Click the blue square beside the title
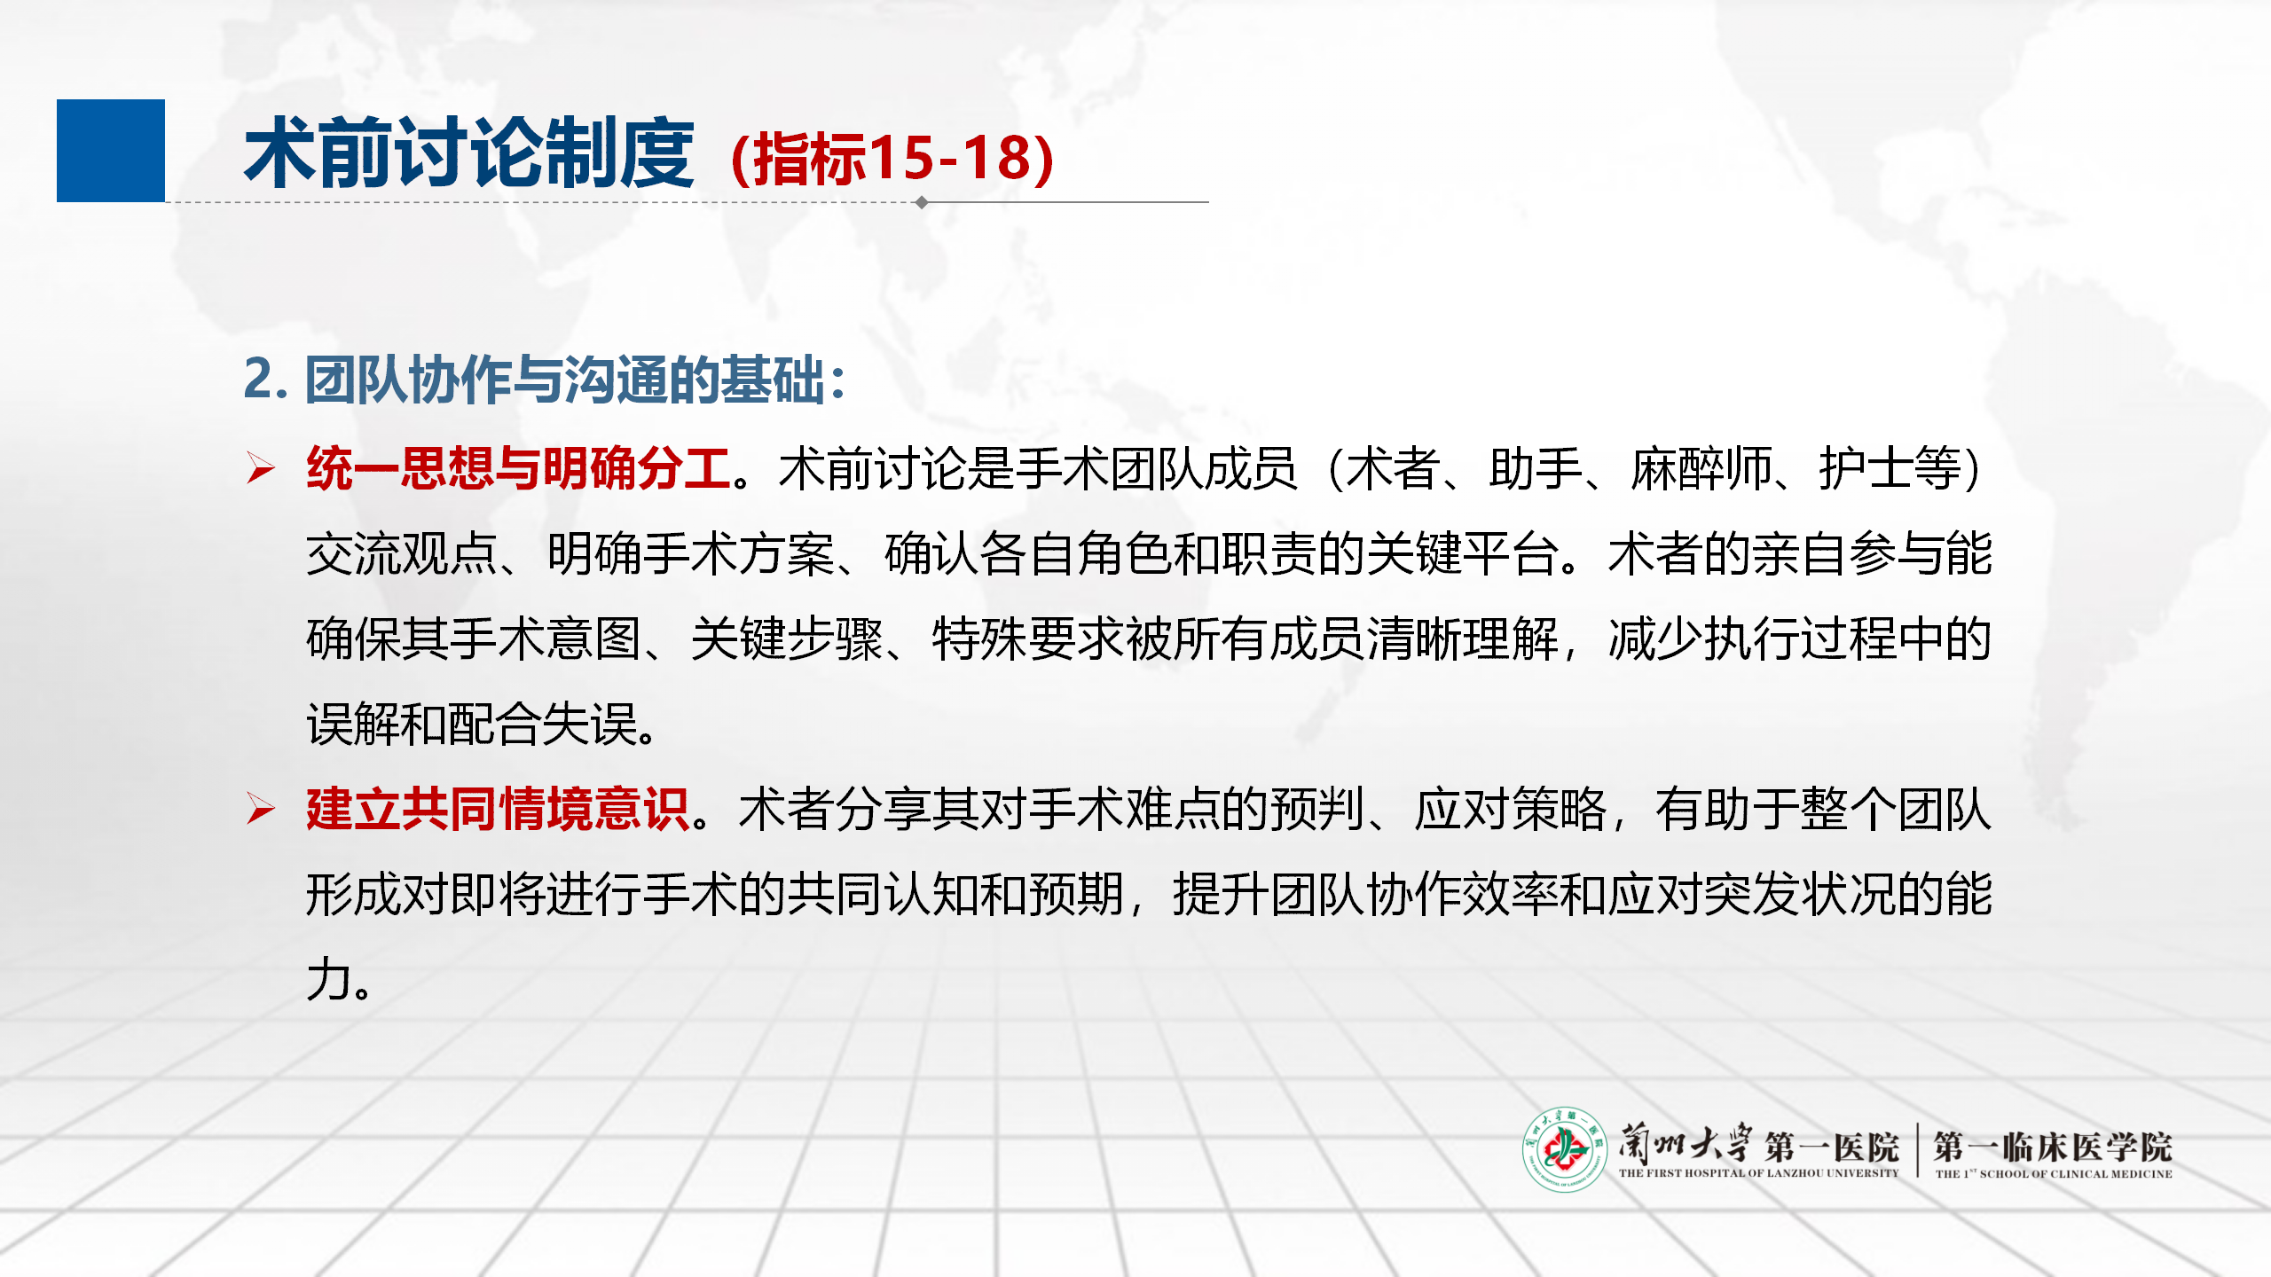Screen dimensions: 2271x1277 point(111,151)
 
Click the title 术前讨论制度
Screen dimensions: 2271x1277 point(469,153)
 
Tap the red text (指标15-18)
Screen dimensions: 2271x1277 point(892,159)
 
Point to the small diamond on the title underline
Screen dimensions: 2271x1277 point(922,202)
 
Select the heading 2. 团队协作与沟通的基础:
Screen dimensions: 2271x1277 point(545,380)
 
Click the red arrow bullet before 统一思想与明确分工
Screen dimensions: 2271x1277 point(261,467)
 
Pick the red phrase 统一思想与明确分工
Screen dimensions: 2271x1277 point(519,467)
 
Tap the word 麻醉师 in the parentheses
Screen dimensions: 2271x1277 point(1701,468)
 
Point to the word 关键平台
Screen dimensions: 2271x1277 point(1463,553)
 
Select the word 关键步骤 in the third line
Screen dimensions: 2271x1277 point(787,638)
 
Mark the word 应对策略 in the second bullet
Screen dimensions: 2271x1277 point(1511,809)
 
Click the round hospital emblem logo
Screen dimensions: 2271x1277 point(1565,1149)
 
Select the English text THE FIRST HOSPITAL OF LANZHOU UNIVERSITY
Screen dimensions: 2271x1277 point(1758,1173)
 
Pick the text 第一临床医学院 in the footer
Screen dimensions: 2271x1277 point(2053,1147)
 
